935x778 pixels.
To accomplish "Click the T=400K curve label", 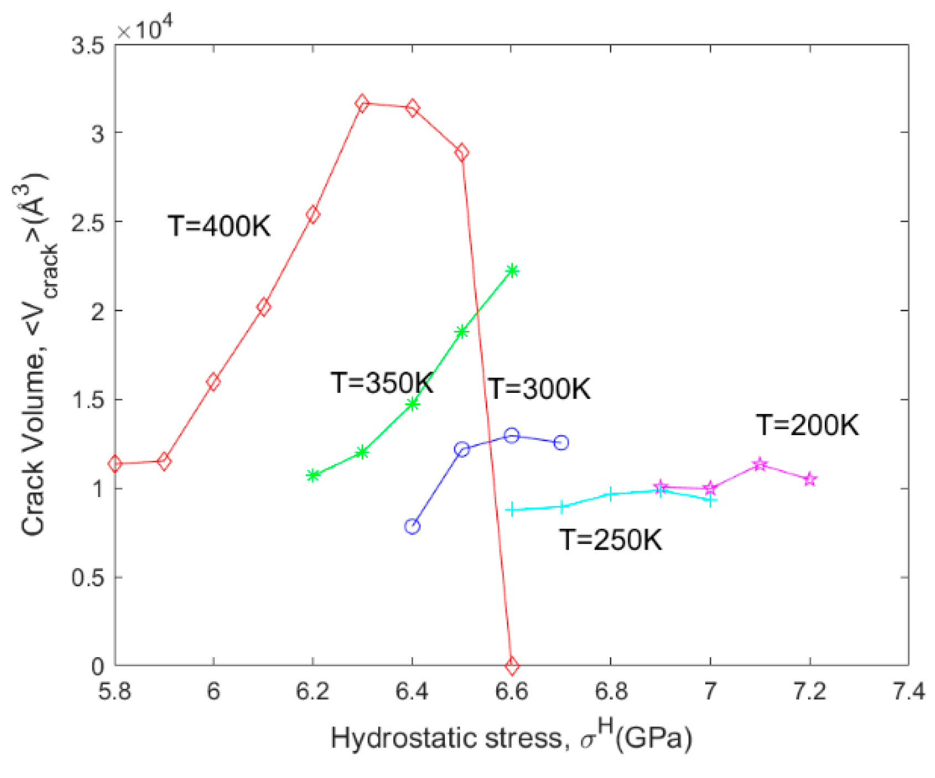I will pyautogui.click(x=219, y=227).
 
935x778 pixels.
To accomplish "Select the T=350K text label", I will pyautogui.click(x=382, y=383).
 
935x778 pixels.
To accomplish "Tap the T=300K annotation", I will pyautogui.click(x=539, y=389).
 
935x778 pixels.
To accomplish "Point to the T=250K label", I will pyautogui.click(x=610, y=540).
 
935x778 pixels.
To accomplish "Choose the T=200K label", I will pyautogui.click(x=808, y=426).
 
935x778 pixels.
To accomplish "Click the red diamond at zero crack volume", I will pyautogui.click(x=511, y=666).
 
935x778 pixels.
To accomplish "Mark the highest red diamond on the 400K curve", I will pyautogui.click(x=362, y=104).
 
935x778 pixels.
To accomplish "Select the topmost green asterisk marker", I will pyautogui.click(x=512, y=270).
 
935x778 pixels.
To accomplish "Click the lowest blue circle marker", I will pyautogui.click(x=412, y=526).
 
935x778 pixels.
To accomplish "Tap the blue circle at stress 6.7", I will pyautogui.click(x=561, y=443).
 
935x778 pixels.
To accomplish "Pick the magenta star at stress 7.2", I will pyautogui.click(x=810, y=479).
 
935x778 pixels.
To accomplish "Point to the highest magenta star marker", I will pyautogui.click(x=760, y=464).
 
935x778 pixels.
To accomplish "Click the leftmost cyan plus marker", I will pyautogui.click(x=512, y=509).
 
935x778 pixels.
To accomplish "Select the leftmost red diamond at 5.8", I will pyautogui.click(x=115, y=464).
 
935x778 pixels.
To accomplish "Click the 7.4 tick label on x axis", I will pyautogui.click(x=908, y=692).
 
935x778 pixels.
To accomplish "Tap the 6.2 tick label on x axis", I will pyautogui.click(x=312, y=692).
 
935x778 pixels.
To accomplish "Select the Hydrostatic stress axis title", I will pyautogui.click(x=511, y=739).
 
